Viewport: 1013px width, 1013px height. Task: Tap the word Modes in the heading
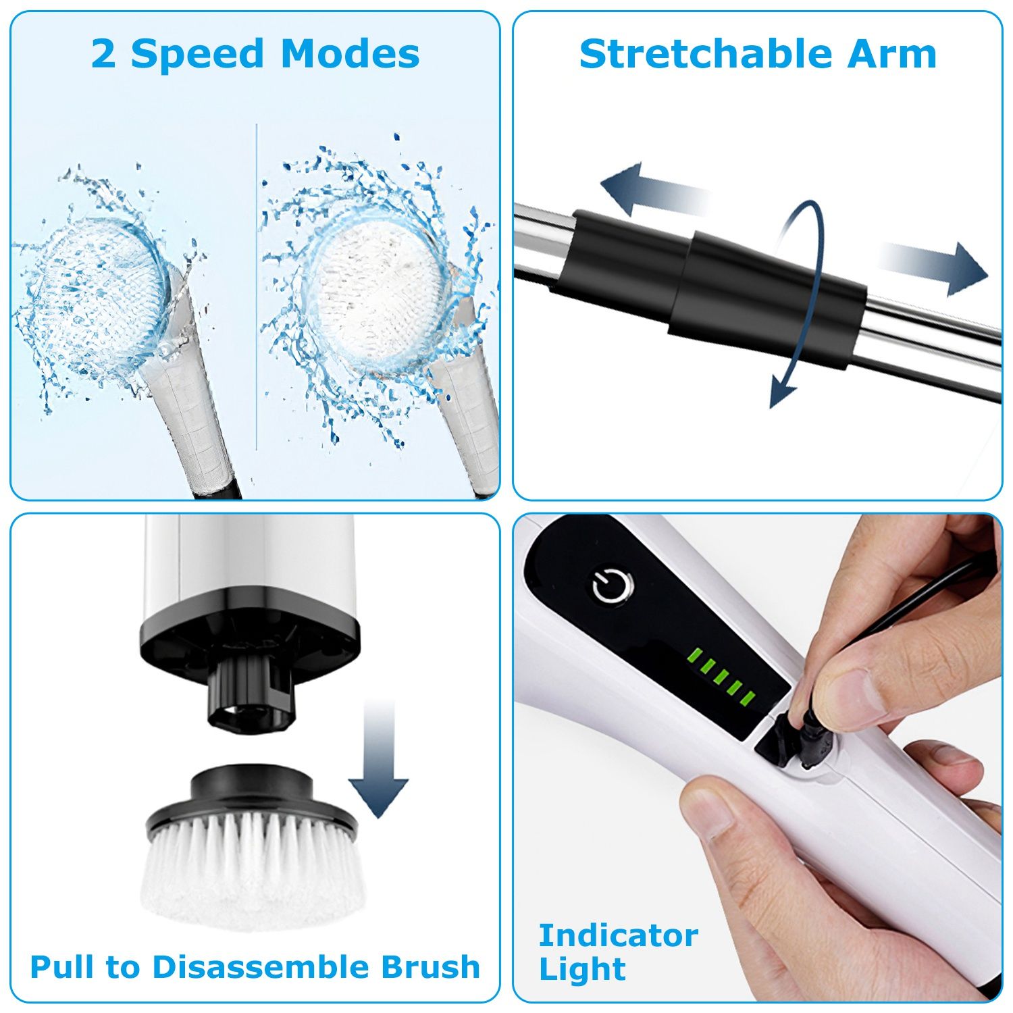coord(350,54)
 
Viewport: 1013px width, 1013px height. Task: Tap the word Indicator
coord(618,936)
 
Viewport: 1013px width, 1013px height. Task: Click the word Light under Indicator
coord(582,970)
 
